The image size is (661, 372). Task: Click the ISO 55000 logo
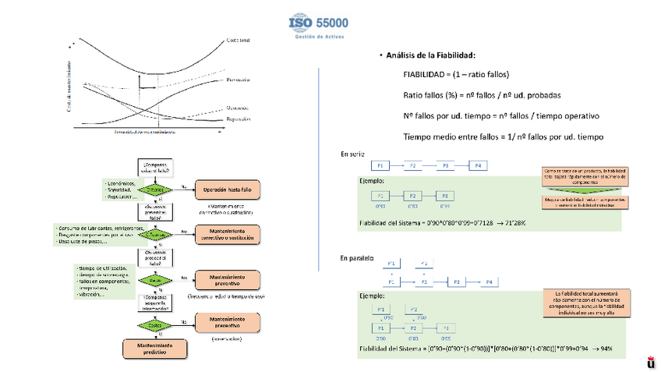pyautogui.click(x=319, y=27)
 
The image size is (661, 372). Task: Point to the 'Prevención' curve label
pyautogui.click(x=239, y=80)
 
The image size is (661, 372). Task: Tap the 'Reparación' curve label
pyautogui.click(x=239, y=119)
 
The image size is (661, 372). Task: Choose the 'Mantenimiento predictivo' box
pyautogui.click(x=154, y=348)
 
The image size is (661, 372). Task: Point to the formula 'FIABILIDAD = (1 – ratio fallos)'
pyautogui.click(x=455, y=75)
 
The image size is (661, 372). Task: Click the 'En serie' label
pyautogui.click(x=352, y=154)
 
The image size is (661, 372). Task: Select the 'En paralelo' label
pyautogui.click(x=357, y=257)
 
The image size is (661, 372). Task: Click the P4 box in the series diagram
pyautogui.click(x=477, y=166)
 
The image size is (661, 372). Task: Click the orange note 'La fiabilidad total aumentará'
pyautogui.click(x=584, y=303)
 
